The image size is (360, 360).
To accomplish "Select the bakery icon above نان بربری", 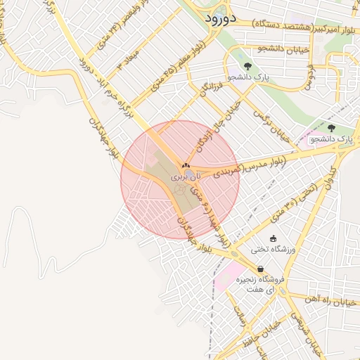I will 186,165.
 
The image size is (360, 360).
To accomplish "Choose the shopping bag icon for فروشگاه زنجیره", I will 261,269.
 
